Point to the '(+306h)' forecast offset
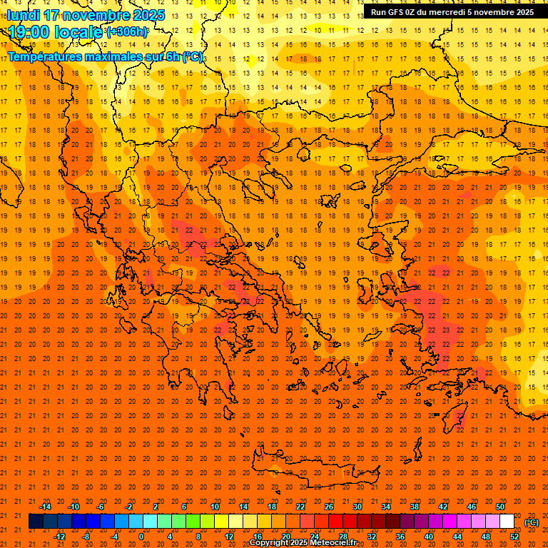(127, 31)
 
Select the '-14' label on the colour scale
(44, 507)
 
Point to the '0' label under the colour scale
(141, 537)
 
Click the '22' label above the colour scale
(300, 507)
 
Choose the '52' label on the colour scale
(514, 537)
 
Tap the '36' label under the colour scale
(400, 537)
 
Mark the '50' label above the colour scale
(500, 507)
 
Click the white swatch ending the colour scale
(507, 522)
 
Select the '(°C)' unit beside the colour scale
(531, 522)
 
